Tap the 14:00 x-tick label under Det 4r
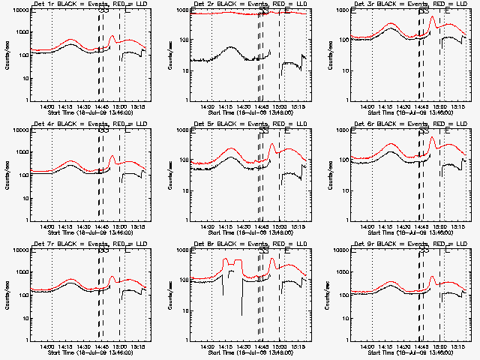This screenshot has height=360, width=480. (46, 226)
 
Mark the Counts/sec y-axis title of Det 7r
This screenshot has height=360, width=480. (7, 295)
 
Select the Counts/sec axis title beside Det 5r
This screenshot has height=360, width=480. (167, 175)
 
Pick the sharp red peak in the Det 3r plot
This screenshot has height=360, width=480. (432, 17)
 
